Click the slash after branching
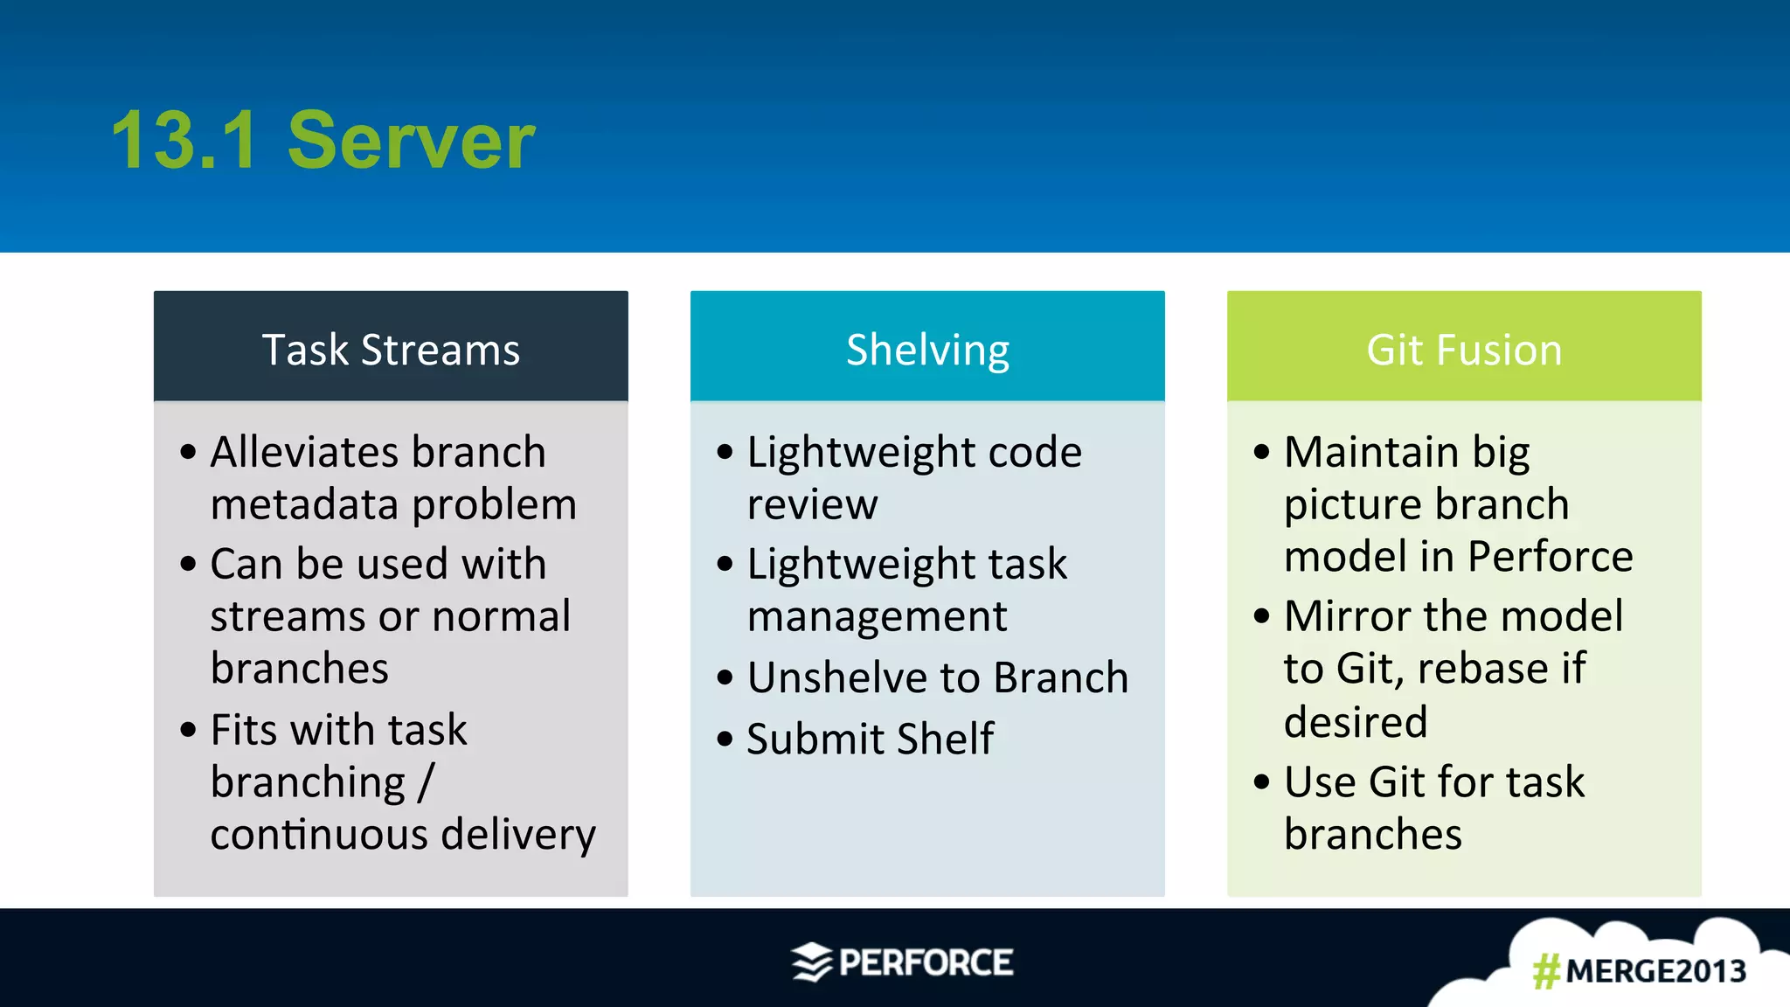click(x=426, y=781)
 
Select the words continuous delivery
click(x=403, y=834)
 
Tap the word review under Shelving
click(x=812, y=504)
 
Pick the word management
click(x=877, y=616)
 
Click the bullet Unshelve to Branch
click(x=937, y=677)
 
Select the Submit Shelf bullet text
click(x=870, y=739)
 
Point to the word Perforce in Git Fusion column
click(x=1550, y=557)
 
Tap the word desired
click(x=1356, y=722)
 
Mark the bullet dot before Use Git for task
click(x=1260, y=781)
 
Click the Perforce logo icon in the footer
click(x=812, y=962)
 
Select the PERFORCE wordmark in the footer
click(x=926, y=962)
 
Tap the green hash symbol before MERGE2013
click(x=1546, y=971)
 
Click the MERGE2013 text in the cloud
click(x=1655, y=971)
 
